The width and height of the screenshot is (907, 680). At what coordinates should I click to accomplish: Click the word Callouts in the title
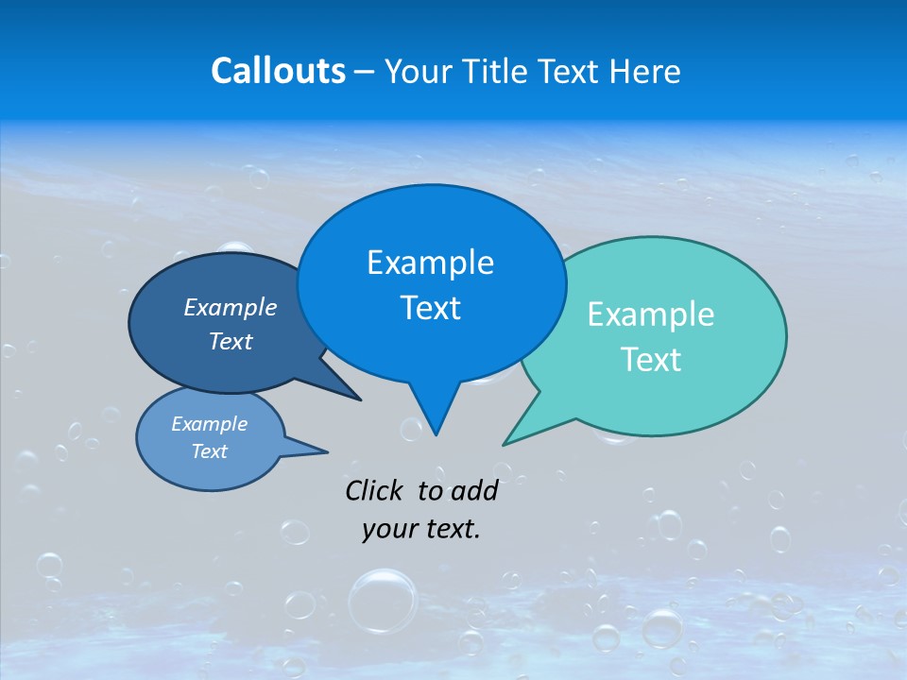coord(278,71)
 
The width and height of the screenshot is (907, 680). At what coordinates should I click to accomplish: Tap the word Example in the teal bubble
coord(651,314)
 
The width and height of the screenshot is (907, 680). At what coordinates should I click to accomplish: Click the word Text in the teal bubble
coord(651,360)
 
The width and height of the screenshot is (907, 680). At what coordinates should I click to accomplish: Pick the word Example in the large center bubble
coord(430,263)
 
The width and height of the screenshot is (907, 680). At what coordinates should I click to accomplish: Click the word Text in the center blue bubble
coord(430,308)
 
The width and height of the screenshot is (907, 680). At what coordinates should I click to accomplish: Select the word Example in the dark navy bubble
coord(230,307)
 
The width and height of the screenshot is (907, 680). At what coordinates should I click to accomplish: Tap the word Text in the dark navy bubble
coord(230,341)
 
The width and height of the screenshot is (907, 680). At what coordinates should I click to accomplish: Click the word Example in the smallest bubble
coord(209,424)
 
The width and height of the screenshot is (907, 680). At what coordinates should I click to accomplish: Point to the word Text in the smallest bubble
coord(209,451)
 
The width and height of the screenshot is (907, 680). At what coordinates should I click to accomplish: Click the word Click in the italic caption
coord(375,490)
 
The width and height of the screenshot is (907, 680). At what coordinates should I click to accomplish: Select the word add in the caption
coord(473,490)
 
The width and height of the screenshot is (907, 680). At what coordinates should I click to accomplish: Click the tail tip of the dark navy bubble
coord(359,399)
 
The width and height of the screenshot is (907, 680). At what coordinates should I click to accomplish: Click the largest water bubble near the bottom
coord(383,600)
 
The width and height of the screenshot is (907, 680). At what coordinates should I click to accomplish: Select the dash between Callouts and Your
coord(366,72)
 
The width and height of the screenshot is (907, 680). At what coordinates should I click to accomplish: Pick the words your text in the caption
coord(421,529)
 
